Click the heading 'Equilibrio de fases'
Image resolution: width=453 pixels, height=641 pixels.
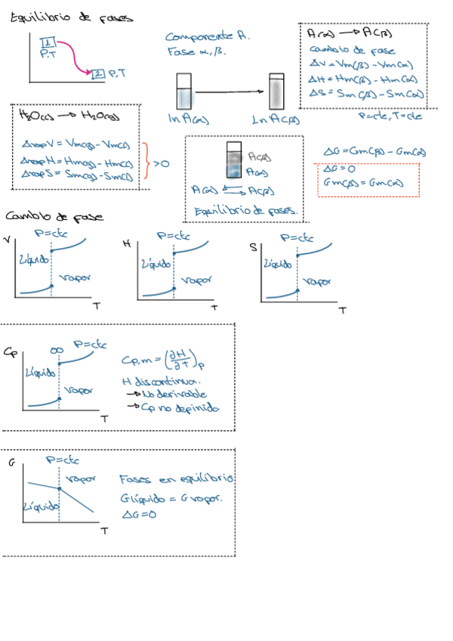70,16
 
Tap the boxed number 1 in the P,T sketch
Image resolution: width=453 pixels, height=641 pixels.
46,41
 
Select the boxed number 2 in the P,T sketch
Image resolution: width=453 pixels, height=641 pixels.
99,73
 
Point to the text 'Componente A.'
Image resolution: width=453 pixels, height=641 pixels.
208,36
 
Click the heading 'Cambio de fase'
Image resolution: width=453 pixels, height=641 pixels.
50,216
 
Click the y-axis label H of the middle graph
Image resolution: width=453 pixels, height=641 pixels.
126,243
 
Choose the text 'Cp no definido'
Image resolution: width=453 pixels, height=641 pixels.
175,407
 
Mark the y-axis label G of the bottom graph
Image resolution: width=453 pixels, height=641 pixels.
11,460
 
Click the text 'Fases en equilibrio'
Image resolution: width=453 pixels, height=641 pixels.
177,479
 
